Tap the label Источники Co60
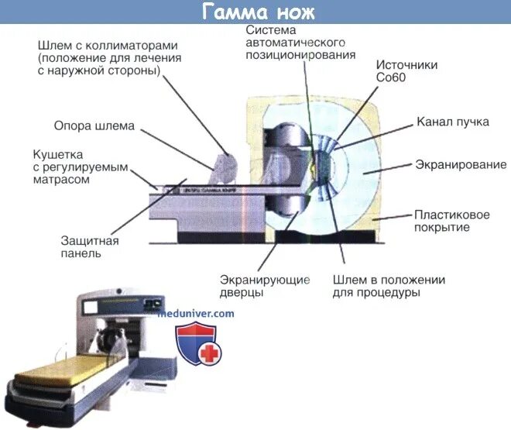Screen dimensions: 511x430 coord(406,71)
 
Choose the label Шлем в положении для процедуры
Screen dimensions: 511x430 coord(389,287)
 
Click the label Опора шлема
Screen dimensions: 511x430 coord(94,126)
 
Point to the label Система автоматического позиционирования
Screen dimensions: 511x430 coord(300,42)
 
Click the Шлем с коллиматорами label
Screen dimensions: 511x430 coord(109,57)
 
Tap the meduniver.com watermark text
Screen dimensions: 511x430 coord(195,314)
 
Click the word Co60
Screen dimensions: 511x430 coord(393,78)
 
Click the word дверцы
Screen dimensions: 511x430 coord(242,293)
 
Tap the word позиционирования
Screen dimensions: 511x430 coord(300,55)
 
